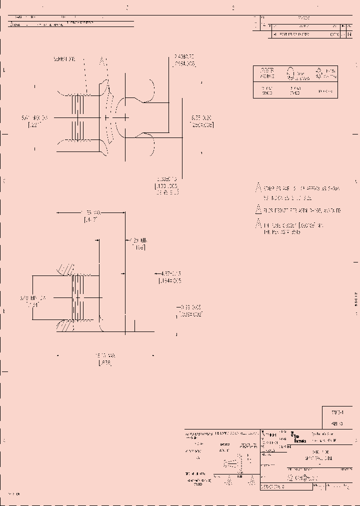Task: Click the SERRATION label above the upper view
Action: [64, 59]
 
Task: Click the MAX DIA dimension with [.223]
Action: [34, 120]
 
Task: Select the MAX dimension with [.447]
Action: [89, 216]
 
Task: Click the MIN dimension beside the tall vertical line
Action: [138, 243]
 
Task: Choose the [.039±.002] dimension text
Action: [191, 312]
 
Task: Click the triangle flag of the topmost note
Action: [258, 188]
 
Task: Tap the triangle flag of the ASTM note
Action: [258, 209]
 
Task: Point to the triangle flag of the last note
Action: [258, 223]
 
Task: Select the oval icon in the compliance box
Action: [289, 74]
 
